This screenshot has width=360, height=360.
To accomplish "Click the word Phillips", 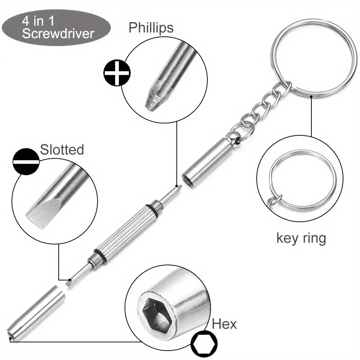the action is click(x=151, y=28).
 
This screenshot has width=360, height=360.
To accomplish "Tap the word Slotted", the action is click(x=62, y=150).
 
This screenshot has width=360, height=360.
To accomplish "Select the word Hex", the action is click(x=224, y=324).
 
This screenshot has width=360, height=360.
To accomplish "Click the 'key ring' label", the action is click(x=301, y=238).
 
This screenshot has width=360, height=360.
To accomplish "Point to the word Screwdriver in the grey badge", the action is click(x=58, y=33).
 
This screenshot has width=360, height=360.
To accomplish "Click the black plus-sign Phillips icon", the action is click(x=117, y=73).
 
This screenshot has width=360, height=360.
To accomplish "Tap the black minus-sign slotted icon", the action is click(x=26, y=162).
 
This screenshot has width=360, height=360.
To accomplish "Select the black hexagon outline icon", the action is click(x=204, y=344).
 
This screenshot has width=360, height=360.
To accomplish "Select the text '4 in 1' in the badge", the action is click(x=38, y=21).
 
